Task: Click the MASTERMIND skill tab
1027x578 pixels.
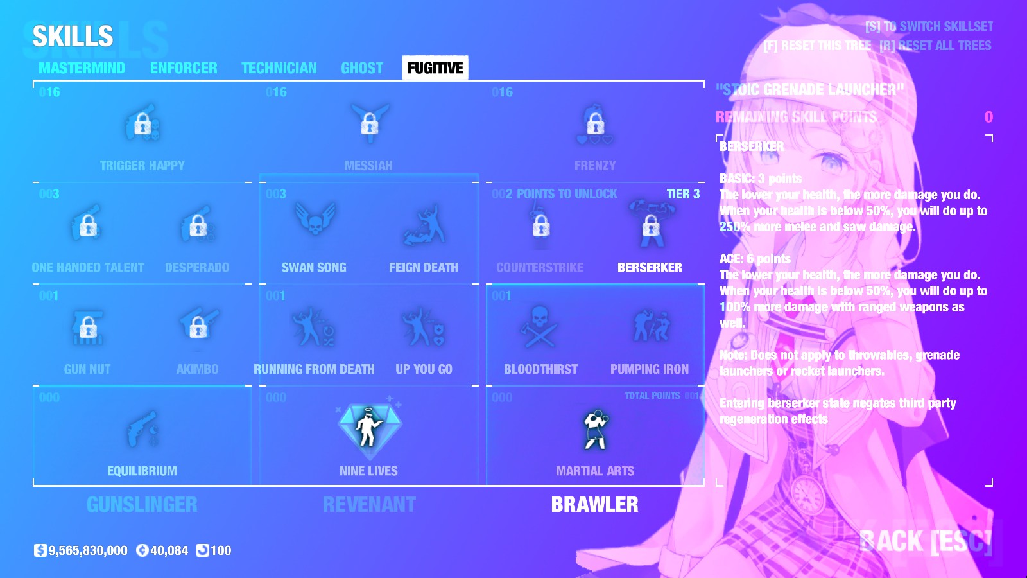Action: click(x=82, y=68)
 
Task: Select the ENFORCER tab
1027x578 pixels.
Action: click(x=184, y=68)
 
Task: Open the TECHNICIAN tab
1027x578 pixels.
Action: click(x=279, y=68)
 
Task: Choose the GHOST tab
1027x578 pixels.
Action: click(x=362, y=68)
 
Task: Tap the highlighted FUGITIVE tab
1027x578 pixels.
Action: click(x=435, y=68)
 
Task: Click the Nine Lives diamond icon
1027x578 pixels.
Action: click(x=369, y=427)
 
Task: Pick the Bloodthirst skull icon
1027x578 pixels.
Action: click(x=540, y=327)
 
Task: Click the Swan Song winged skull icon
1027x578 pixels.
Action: click(x=315, y=222)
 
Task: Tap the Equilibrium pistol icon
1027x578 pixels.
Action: click(x=142, y=429)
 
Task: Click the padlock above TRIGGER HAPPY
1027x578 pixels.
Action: click(x=142, y=123)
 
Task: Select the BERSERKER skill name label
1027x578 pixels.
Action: click(x=650, y=267)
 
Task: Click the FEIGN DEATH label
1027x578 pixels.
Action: click(x=424, y=267)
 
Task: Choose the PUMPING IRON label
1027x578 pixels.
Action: click(x=650, y=369)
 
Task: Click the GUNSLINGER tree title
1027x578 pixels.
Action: click(x=142, y=505)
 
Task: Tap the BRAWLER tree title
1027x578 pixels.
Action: click(x=595, y=505)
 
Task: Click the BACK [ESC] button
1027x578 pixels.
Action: click(x=926, y=541)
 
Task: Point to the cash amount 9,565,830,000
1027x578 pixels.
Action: click(x=88, y=550)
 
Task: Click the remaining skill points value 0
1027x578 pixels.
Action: click(x=988, y=117)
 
